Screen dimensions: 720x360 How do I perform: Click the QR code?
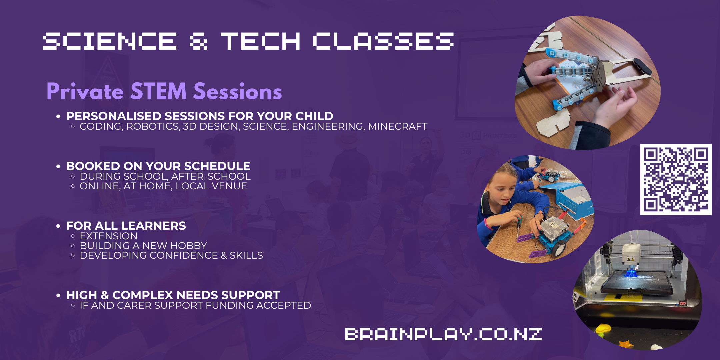pyautogui.click(x=676, y=179)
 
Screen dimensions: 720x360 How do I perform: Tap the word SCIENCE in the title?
pyautogui.click(x=110, y=41)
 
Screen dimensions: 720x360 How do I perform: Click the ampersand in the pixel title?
pyautogui.click(x=199, y=41)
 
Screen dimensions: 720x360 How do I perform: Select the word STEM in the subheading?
pyautogui.click(x=158, y=91)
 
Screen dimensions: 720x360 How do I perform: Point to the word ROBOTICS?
pyautogui.click(x=154, y=127)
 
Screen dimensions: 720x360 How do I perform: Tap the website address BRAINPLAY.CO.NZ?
pyautogui.click(x=443, y=334)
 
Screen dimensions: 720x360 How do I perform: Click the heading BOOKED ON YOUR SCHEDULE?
pyautogui.click(x=158, y=166)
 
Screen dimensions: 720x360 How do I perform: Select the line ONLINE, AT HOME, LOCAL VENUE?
pyautogui.click(x=163, y=186)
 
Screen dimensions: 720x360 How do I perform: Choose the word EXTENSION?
pyautogui.click(x=109, y=236)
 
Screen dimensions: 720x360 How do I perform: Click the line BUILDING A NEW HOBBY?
pyautogui.click(x=143, y=246)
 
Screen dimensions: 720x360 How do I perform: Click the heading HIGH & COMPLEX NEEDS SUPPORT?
pyautogui.click(x=173, y=295)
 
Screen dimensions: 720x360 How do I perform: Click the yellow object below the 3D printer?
pyautogui.click(x=604, y=329)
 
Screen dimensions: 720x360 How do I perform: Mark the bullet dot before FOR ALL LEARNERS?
pyautogui.click(x=58, y=226)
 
